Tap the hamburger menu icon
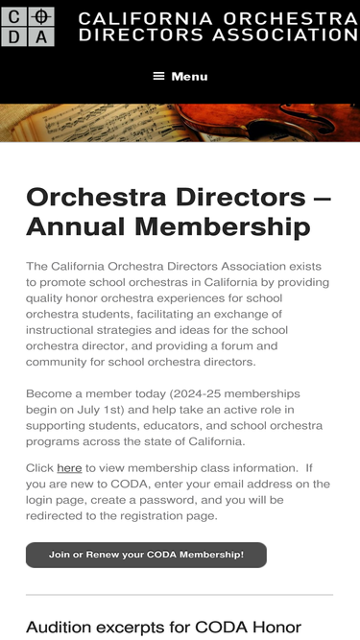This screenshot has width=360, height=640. [x=159, y=76]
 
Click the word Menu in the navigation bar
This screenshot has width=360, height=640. [x=189, y=76]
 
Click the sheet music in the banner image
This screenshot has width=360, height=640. [x=58, y=122]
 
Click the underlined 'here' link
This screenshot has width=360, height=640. [x=69, y=468]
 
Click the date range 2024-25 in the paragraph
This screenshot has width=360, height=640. [x=220, y=394]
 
